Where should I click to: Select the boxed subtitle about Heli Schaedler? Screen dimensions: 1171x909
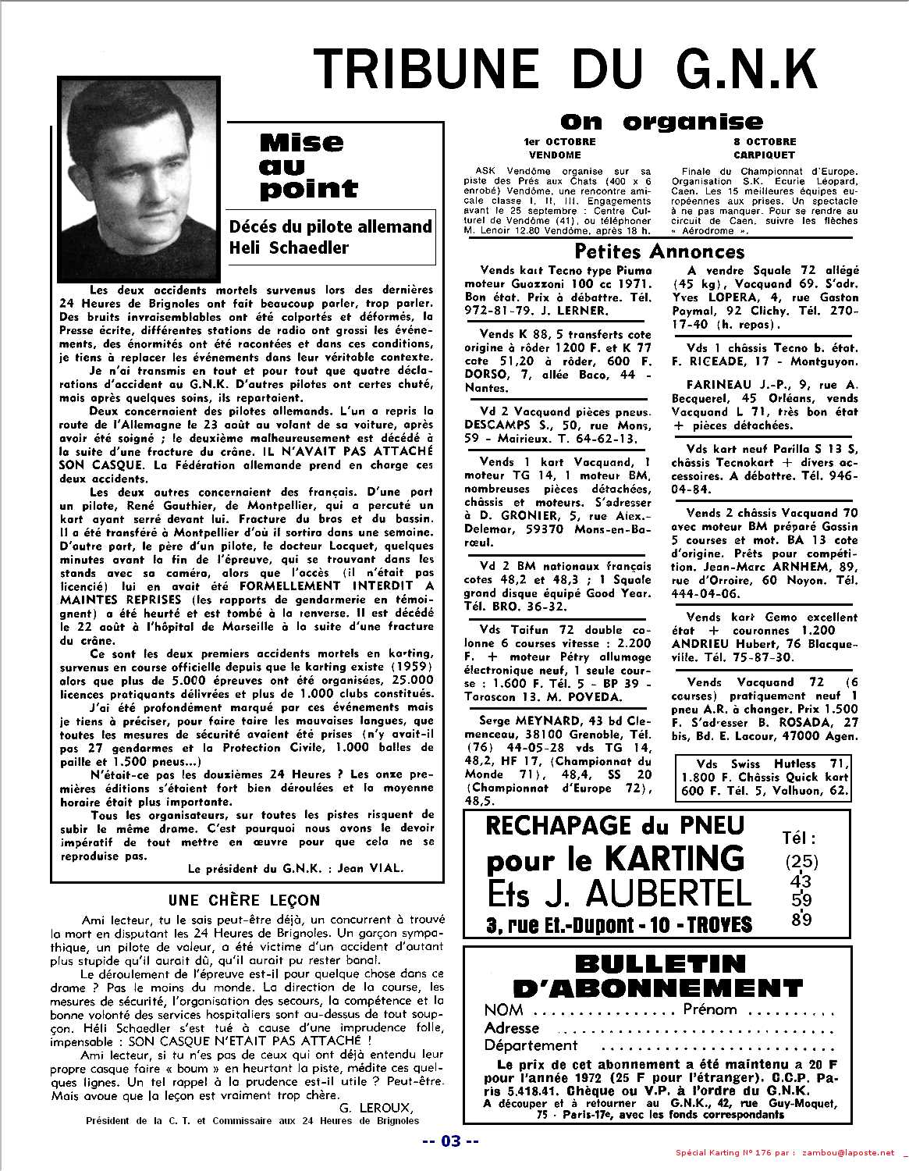coord(329,237)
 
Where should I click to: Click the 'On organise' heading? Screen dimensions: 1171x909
coord(662,121)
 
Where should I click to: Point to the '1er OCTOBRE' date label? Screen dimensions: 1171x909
coord(559,142)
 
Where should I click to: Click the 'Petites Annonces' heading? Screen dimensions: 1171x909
coord(659,251)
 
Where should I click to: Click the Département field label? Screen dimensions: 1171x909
coord(531,1045)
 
